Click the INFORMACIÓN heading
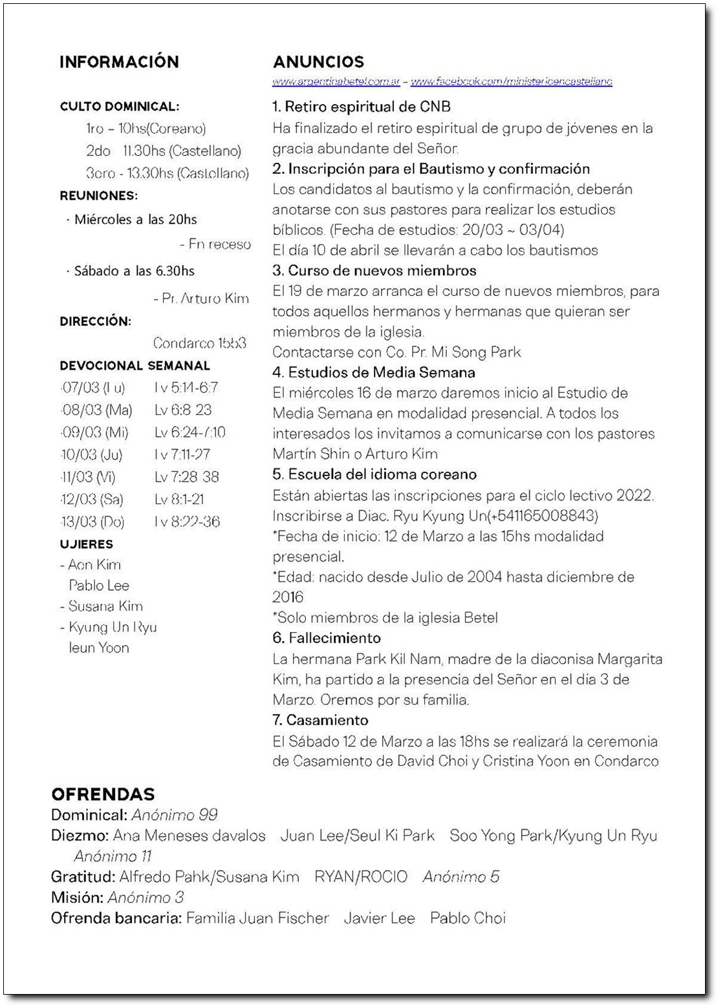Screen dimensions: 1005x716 coord(119,62)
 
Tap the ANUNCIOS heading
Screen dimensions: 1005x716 coord(318,62)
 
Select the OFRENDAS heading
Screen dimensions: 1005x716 coord(103,794)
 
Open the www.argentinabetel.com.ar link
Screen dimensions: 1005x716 coord(336,81)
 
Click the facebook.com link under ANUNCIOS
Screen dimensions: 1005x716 coord(511,81)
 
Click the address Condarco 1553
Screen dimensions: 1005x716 coord(200,343)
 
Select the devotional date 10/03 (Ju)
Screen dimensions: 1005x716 coord(91,454)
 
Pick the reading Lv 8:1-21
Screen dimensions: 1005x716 coord(179,500)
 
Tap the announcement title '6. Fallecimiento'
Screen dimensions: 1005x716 coord(327,638)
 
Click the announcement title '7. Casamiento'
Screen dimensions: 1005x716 coord(320,720)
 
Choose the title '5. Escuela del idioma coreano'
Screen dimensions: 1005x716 coord(374,474)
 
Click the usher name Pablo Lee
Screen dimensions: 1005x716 coord(99,586)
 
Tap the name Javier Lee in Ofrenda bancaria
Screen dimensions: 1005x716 coord(379,918)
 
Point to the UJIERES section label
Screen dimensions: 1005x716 coord(87,544)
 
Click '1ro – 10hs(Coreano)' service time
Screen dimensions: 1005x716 coord(146,129)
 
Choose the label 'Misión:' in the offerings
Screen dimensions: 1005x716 coord(77,898)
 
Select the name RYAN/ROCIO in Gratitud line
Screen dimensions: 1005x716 coord(361,877)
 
